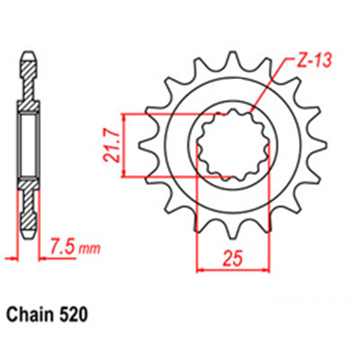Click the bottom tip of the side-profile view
(30, 238)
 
